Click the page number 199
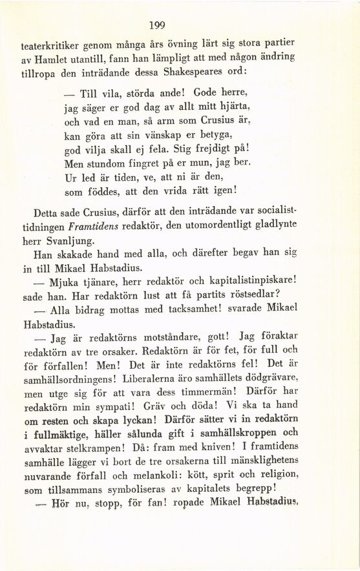pos(157,25)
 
